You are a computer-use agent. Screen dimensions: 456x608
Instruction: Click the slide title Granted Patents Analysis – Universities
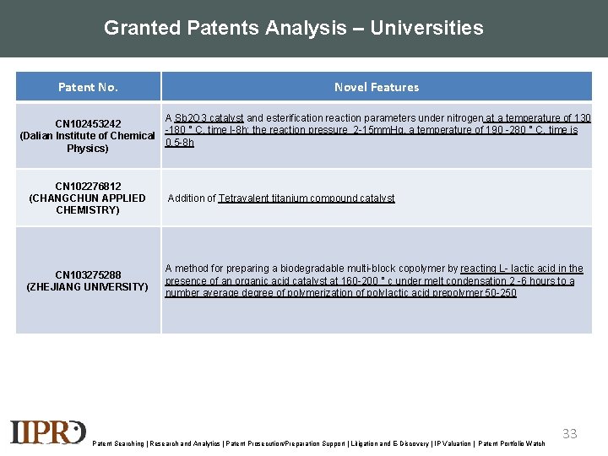(293, 28)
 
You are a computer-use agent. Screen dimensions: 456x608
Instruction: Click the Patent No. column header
(88, 87)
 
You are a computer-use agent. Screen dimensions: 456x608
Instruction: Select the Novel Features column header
(376, 87)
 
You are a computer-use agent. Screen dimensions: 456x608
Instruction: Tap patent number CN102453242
(88, 124)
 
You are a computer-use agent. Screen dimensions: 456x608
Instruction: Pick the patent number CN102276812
(88, 186)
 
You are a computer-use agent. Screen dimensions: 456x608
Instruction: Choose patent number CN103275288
(88, 274)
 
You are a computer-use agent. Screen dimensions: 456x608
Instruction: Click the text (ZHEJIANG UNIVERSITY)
(88, 287)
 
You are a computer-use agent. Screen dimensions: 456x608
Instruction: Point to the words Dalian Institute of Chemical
(88, 136)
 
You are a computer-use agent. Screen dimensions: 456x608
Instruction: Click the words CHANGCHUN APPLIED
(88, 198)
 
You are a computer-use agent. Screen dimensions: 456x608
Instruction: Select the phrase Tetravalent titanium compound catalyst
(307, 198)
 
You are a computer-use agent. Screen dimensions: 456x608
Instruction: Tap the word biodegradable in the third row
(307, 269)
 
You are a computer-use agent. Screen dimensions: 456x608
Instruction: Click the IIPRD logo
(48, 432)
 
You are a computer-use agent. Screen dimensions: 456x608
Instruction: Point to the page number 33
(570, 433)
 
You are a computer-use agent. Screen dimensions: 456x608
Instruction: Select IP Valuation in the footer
(451, 443)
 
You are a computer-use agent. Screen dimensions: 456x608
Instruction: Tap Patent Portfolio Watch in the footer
(512, 443)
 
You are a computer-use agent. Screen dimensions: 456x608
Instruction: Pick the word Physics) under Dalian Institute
(88, 149)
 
